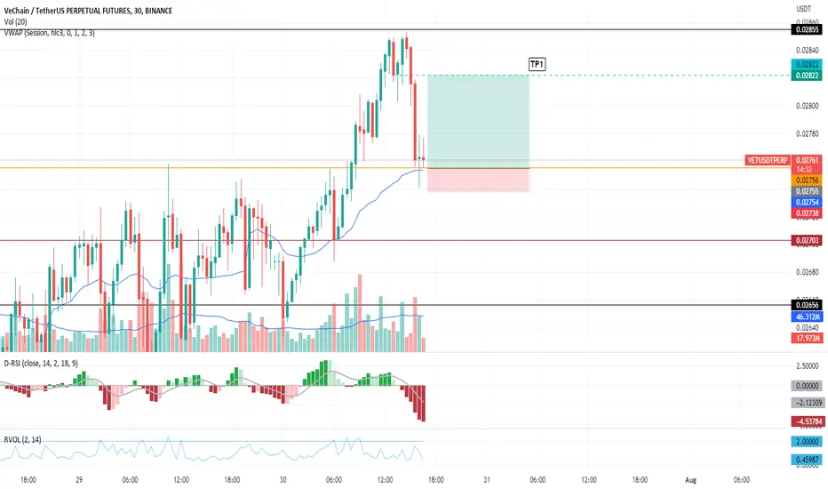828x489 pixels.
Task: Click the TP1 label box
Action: (537, 65)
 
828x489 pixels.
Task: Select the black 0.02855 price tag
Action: (807, 29)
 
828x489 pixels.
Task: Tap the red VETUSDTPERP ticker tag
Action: (768, 160)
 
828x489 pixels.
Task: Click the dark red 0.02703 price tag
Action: (807, 241)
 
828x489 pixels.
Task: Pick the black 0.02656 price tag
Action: (807, 305)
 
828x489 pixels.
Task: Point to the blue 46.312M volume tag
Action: (807, 317)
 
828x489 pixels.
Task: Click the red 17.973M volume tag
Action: (807, 339)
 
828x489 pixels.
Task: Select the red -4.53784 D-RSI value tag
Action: (807, 421)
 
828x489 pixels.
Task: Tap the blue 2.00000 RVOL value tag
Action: (807, 441)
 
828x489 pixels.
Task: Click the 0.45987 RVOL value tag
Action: (807, 460)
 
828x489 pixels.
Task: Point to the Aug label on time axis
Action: (690, 480)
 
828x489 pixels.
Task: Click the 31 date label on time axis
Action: (486, 480)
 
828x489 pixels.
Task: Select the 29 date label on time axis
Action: (79, 480)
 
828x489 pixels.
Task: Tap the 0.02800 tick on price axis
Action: (807, 106)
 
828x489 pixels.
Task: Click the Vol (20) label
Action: (15, 21)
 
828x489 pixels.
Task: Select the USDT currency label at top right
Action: (804, 9)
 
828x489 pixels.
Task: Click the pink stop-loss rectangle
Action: (478, 180)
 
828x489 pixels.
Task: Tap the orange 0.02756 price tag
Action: (807, 180)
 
